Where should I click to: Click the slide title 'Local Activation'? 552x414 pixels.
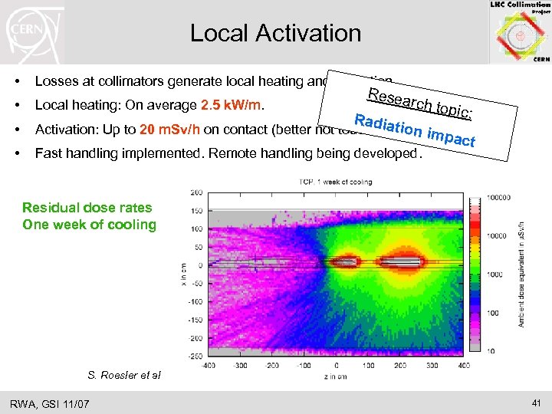(275, 33)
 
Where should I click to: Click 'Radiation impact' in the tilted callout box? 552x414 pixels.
(415, 130)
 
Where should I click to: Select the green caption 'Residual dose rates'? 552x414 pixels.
(87, 207)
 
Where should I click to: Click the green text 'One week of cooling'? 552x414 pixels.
(89, 225)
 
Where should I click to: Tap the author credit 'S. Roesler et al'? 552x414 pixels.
(124, 375)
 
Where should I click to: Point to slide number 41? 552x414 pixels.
(534, 402)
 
